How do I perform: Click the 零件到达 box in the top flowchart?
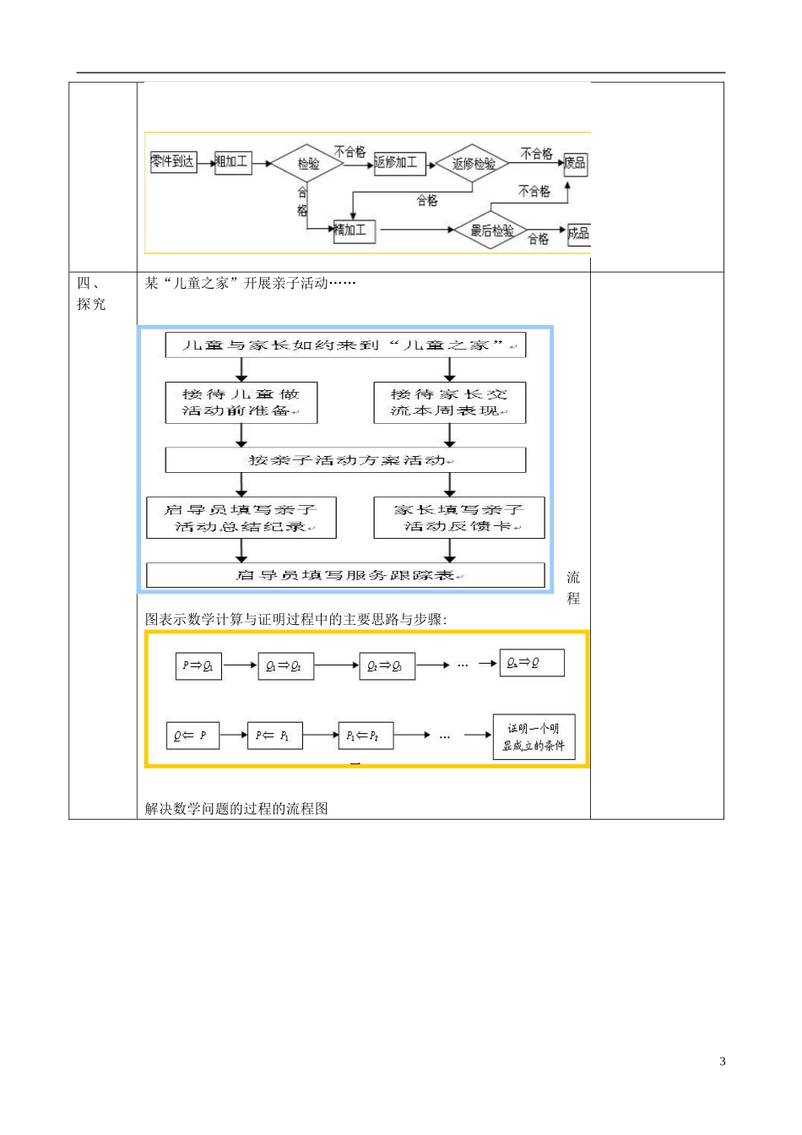tap(173, 161)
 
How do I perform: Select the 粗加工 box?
tap(233, 162)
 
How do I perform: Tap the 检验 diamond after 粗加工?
tap(308, 164)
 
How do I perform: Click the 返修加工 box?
tap(399, 163)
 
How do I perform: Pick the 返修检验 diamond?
tap(473, 164)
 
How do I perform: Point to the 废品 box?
tap(576, 163)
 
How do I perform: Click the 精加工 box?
tap(355, 230)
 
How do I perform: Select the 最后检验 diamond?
tap(491, 231)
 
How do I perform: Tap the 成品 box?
tap(578, 233)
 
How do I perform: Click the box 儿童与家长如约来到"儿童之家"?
tap(345, 345)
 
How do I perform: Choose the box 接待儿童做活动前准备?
tap(241, 403)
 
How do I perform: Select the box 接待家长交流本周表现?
tap(449, 403)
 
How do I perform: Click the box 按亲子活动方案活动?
tap(345, 460)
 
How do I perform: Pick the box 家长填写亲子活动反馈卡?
tap(458, 518)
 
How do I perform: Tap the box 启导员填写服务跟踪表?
tap(345, 575)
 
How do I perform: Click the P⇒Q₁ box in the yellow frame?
tap(198, 665)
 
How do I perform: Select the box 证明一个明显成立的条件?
tap(534, 737)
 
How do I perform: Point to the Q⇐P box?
tap(192, 736)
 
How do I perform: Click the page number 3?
tap(722, 1062)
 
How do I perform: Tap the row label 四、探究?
tap(91, 294)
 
